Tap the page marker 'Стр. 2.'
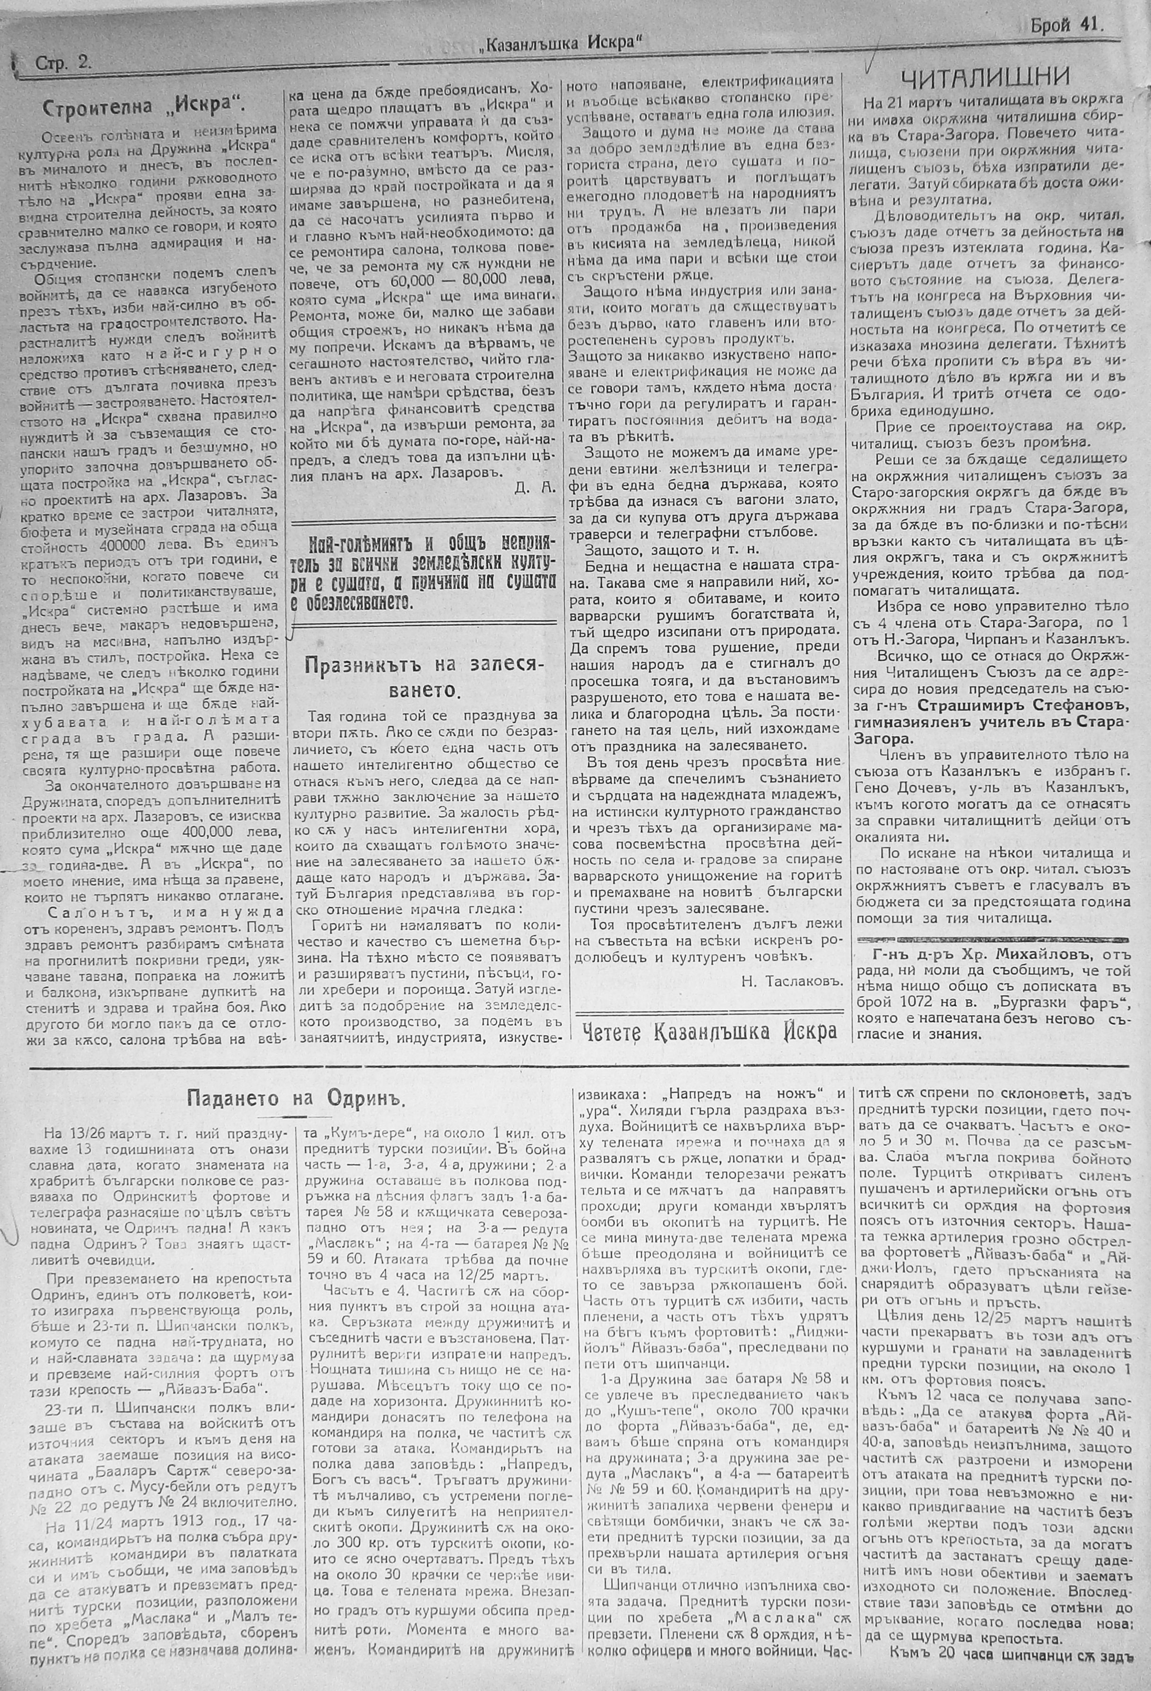pos(63,63)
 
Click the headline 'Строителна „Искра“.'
pos(143,106)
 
